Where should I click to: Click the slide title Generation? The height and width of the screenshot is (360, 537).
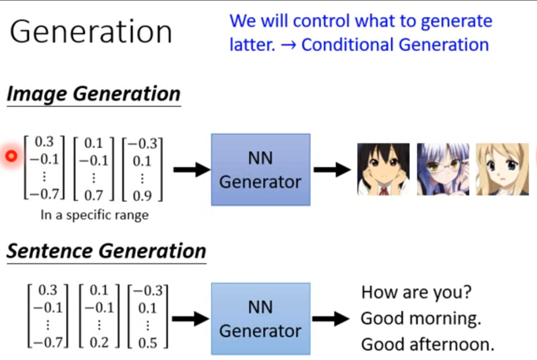[91, 32]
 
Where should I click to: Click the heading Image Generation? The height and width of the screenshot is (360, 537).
[93, 94]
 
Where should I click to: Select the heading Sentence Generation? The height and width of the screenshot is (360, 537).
[106, 251]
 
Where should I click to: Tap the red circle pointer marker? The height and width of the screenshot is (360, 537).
[12, 157]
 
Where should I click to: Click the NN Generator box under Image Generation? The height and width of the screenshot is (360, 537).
[260, 170]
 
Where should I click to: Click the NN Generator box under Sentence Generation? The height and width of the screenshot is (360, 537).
[260, 319]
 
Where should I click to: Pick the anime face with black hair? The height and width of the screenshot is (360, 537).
[383, 169]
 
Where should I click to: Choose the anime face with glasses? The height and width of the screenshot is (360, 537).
[442, 169]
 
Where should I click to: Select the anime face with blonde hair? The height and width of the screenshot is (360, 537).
[502, 169]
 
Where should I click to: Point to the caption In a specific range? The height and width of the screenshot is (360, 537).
[95, 215]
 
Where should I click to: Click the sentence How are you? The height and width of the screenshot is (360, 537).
[416, 293]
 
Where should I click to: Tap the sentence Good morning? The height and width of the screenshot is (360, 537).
[420, 318]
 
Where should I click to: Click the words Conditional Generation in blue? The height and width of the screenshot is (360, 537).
[395, 45]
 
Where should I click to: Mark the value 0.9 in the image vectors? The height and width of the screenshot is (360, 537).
[142, 196]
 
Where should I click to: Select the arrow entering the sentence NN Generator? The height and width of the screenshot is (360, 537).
[190, 319]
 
